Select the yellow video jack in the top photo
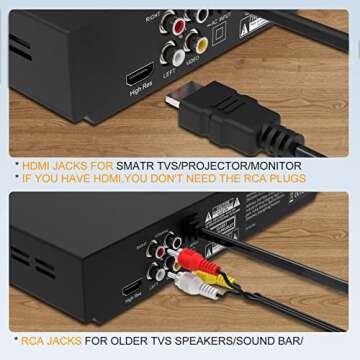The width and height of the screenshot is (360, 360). point(200,41)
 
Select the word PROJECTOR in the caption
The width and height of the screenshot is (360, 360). point(220,165)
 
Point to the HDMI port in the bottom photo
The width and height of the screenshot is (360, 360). point(130,290)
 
